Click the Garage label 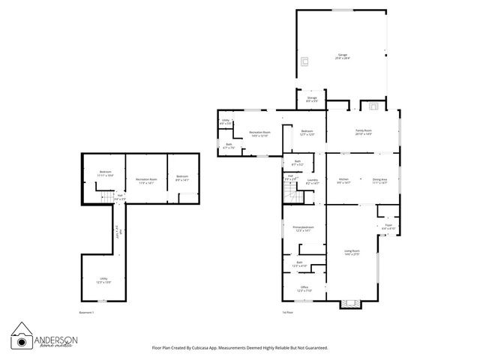click(342, 55)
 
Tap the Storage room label click(312, 99)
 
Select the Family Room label click(364, 130)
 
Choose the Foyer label click(388, 225)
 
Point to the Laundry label click(313, 180)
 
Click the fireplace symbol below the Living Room click(350, 304)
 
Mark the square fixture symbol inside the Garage click(304, 61)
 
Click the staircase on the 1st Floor click(291, 196)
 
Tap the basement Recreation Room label click(146, 180)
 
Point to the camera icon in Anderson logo click(21, 336)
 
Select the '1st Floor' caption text click(286, 311)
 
